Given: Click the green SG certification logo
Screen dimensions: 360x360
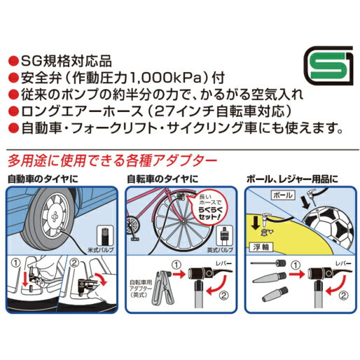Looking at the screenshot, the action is pyautogui.click(x=329, y=66).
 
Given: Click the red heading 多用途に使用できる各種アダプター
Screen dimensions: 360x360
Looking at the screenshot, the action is pyautogui.click(x=112, y=160).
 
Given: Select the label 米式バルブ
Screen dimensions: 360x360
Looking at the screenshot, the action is pyautogui.click(x=100, y=250).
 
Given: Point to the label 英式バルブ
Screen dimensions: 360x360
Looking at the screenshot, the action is pyautogui.click(x=220, y=250).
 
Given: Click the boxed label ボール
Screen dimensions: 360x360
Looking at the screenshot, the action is pyautogui.click(x=282, y=195).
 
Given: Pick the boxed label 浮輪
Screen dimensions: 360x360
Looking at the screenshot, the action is pyautogui.click(x=261, y=247).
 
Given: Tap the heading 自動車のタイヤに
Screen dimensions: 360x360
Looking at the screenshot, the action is pyautogui.click(x=43, y=179).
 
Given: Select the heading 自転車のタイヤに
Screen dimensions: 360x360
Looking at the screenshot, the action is pyautogui.click(x=162, y=179).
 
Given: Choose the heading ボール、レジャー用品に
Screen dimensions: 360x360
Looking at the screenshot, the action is pyautogui.click(x=292, y=179).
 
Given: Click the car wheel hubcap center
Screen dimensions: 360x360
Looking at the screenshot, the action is pyautogui.click(x=55, y=216).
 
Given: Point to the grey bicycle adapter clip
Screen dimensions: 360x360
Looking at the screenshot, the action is pyautogui.click(x=162, y=288).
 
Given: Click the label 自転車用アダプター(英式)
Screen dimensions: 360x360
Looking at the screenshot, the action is pyautogui.click(x=140, y=289).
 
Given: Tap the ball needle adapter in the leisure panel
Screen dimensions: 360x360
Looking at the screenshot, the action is pyautogui.click(x=268, y=263).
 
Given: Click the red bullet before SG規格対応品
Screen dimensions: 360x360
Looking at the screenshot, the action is pyautogui.click(x=13, y=62).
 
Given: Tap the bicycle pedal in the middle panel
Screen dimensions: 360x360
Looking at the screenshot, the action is pyautogui.click(x=135, y=239).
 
